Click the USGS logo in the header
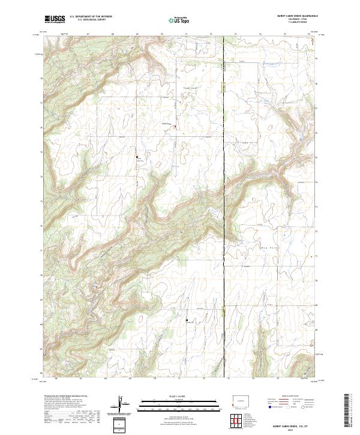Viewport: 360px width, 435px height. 55,19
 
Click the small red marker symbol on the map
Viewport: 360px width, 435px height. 175,126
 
